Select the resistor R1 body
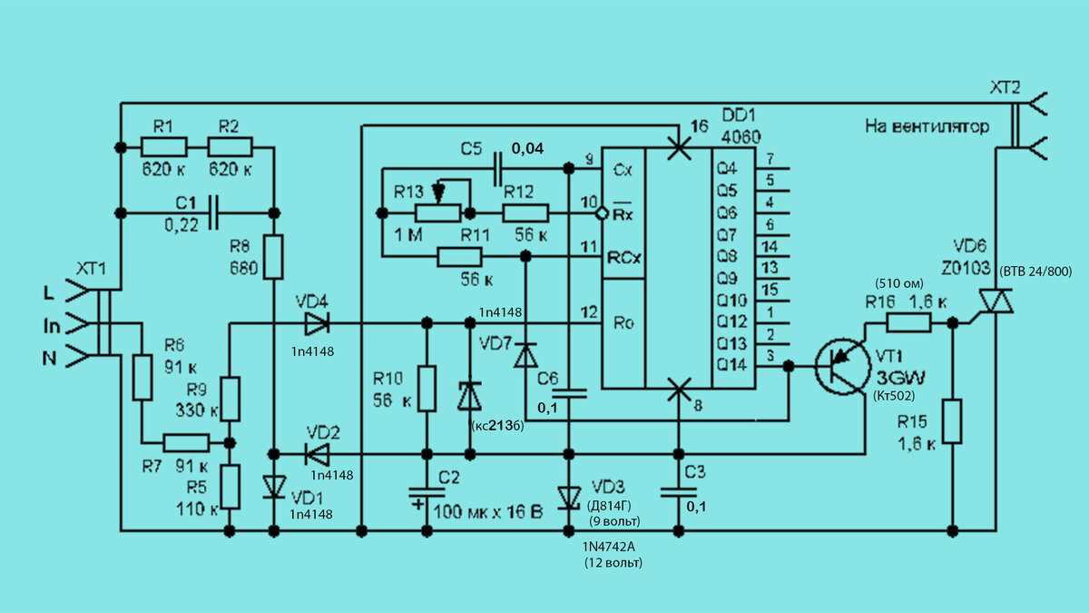coord(164,146)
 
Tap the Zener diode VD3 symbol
coord(569,498)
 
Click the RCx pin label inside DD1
coord(623,258)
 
